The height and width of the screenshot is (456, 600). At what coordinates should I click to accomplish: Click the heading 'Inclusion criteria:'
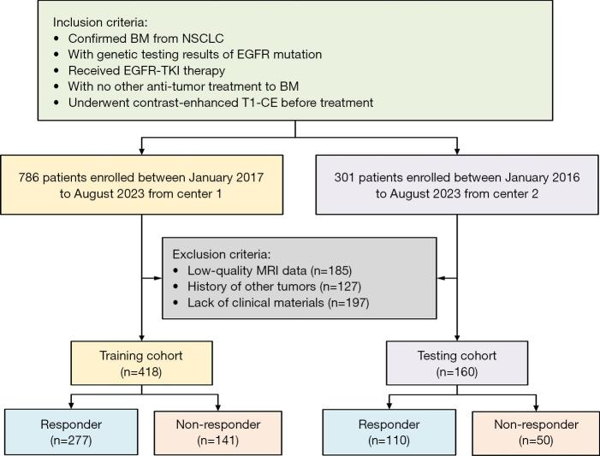tap(101, 21)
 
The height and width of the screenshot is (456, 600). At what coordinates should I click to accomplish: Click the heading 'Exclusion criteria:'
tap(222, 254)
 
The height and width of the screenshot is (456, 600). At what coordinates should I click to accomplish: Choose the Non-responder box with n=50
tap(536, 432)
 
